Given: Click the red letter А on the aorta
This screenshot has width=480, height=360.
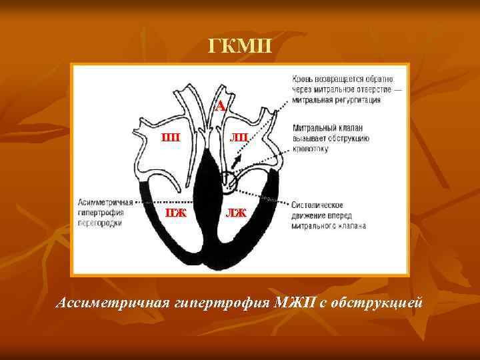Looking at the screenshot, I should (x=220, y=106).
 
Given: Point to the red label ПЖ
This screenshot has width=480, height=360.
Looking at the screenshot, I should (x=175, y=213).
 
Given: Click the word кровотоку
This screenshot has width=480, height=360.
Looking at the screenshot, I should (x=311, y=149).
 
